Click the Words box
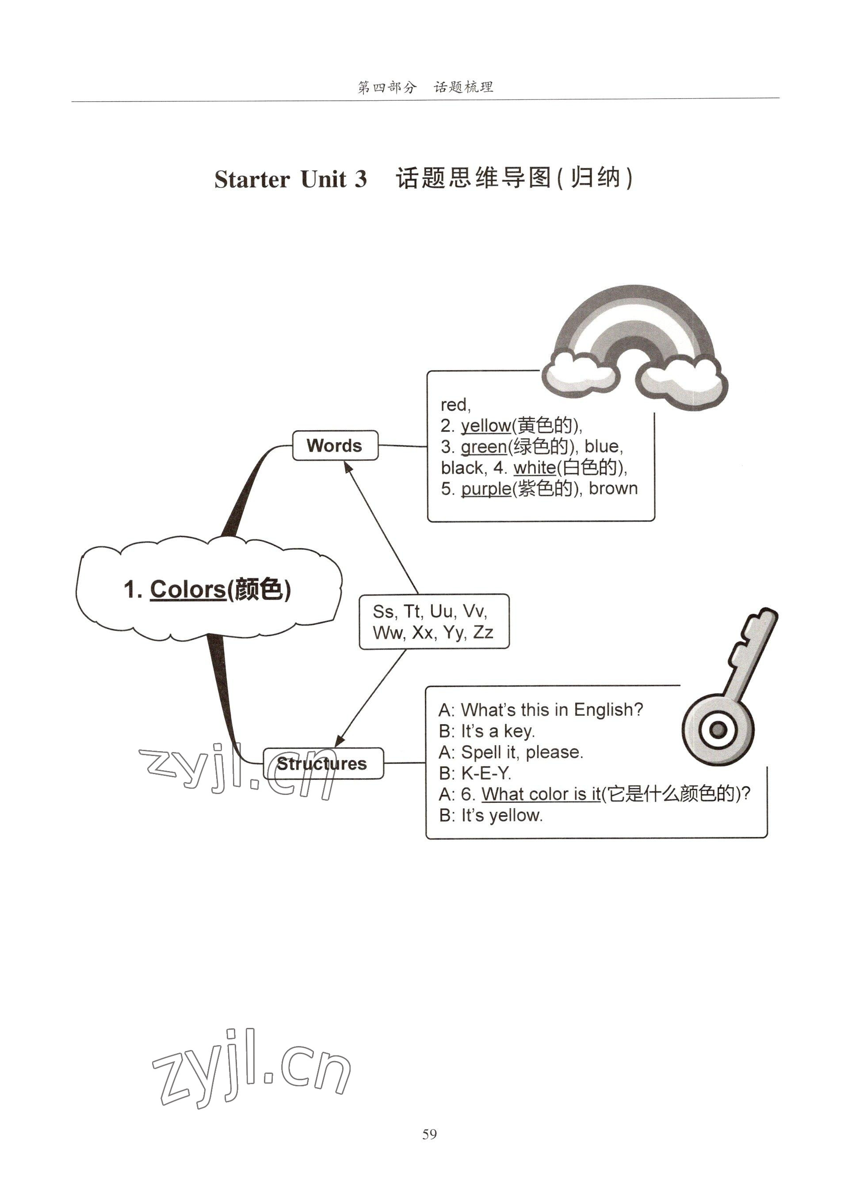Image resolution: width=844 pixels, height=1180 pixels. point(335,445)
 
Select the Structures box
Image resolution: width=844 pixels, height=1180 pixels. point(322,763)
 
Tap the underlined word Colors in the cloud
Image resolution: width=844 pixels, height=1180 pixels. point(187,589)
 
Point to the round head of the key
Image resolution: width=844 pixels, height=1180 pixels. point(718,729)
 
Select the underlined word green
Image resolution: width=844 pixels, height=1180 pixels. point(484,447)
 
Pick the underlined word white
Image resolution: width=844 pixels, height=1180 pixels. point(534,468)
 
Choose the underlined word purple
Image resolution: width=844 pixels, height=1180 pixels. point(486,489)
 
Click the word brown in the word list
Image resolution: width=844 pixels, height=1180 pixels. point(613,489)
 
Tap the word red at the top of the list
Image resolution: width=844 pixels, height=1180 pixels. point(455,404)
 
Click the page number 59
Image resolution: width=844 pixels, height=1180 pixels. point(429,1134)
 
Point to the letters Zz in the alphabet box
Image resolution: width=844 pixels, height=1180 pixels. point(483,632)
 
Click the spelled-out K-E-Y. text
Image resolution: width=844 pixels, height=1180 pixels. point(486,773)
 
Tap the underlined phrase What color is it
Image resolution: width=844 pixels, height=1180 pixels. point(541,794)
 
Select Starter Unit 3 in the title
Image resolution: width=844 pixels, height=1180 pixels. point(290,179)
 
